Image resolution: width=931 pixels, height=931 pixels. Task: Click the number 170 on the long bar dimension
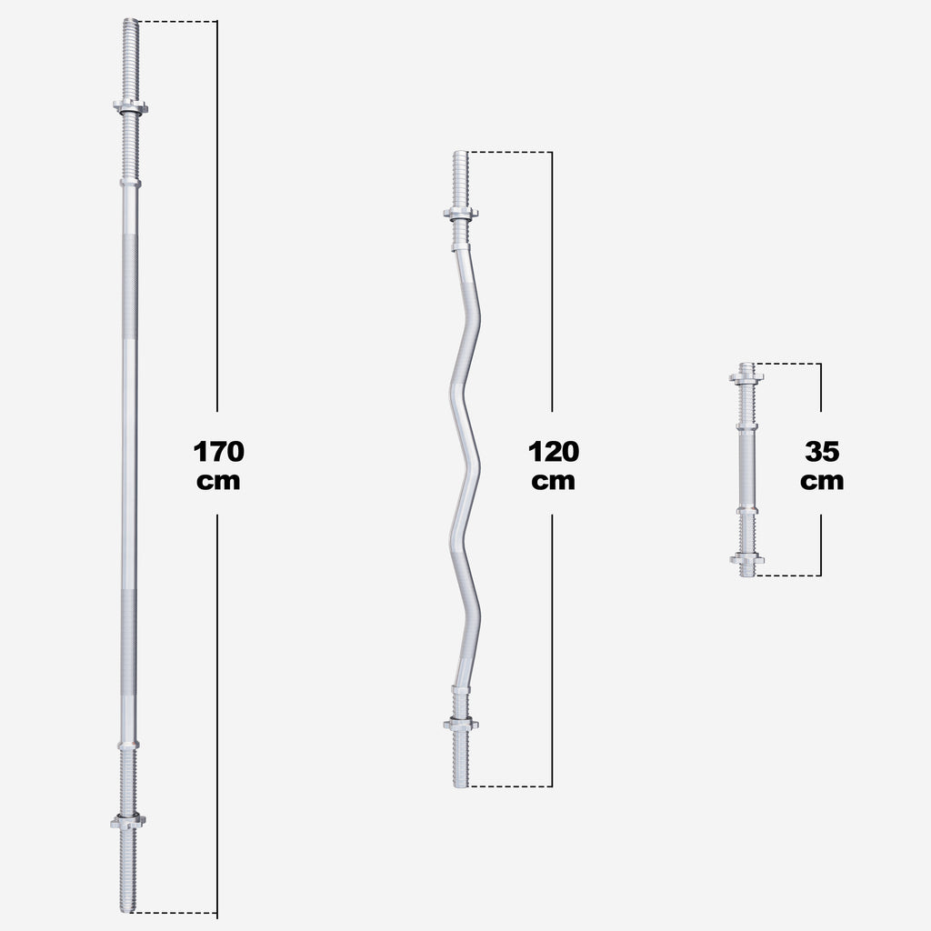click(218, 451)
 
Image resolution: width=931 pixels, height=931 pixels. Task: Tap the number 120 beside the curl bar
click(553, 451)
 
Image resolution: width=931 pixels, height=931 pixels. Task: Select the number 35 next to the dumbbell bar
click(822, 451)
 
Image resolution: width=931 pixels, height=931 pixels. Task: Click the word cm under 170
click(218, 481)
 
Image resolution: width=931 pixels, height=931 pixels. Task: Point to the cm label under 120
click(553, 481)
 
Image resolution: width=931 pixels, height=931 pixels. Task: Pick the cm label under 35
click(822, 481)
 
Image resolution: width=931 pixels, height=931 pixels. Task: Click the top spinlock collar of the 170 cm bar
click(131, 106)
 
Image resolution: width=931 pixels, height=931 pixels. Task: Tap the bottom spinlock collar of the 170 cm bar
click(128, 821)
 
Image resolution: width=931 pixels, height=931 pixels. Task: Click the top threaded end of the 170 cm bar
click(131, 55)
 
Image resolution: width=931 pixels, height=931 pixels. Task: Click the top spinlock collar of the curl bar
click(461, 214)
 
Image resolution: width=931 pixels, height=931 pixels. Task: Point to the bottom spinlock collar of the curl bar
click(461, 724)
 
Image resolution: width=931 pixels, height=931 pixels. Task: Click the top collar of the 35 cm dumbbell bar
click(746, 375)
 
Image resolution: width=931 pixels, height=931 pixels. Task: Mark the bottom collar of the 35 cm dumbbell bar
click(746, 558)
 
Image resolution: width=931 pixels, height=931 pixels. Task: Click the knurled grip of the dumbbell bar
click(746, 467)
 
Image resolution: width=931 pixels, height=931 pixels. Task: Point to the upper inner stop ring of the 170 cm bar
click(130, 183)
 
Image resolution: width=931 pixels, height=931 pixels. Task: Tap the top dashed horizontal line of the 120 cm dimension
click(509, 152)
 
